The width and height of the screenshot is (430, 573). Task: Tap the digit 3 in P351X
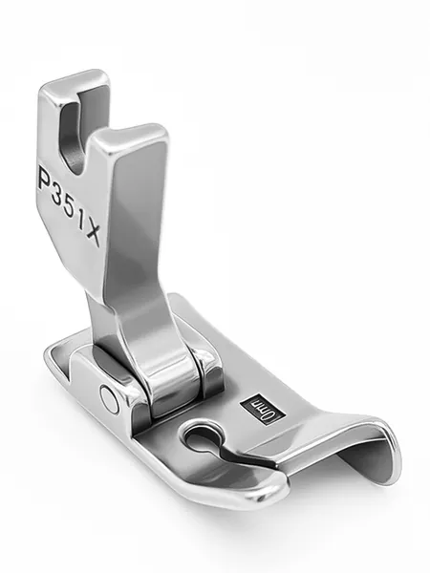[x=57, y=195]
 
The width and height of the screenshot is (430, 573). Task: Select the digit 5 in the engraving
[x=70, y=210]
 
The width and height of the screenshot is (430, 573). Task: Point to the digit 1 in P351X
[x=81, y=223]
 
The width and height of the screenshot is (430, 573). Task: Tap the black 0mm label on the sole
[x=262, y=409]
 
